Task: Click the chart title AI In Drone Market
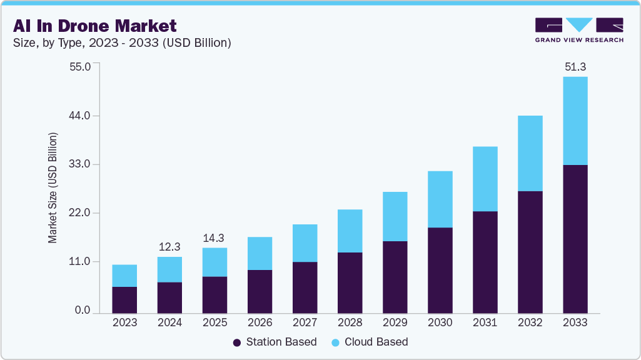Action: (x=94, y=26)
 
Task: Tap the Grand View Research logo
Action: (x=579, y=30)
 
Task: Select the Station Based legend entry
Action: (x=275, y=342)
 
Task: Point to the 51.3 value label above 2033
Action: (x=575, y=67)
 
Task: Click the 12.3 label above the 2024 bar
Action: (x=169, y=247)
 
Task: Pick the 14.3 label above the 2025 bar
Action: (x=215, y=238)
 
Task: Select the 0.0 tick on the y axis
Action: (x=83, y=311)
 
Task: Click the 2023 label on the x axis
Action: (x=124, y=322)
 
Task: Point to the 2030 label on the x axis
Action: (x=440, y=322)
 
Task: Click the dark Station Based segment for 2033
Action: (x=575, y=239)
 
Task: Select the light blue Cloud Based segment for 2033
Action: (x=575, y=121)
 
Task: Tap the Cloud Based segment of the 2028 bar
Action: (x=350, y=231)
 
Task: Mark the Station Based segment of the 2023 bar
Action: (x=124, y=300)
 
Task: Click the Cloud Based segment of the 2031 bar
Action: (x=485, y=179)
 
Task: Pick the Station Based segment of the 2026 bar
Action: (x=260, y=291)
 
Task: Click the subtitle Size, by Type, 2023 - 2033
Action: (x=123, y=42)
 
